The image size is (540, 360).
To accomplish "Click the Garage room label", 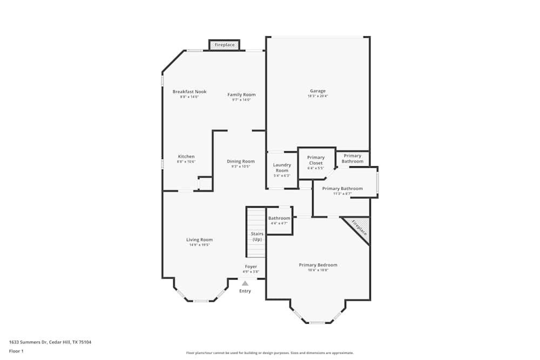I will [318, 91].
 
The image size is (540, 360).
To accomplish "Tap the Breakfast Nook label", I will [190, 92].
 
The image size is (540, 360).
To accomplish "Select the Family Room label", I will [241, 94].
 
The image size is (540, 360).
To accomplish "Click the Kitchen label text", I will [186, 157].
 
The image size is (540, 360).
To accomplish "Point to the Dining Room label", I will [240, 161].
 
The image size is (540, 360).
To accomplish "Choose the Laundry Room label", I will [282, 168].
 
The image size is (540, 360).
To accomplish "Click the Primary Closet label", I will [316, 160].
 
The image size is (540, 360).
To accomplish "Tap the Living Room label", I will [199, 240].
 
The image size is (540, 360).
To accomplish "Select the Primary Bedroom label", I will [318, 265].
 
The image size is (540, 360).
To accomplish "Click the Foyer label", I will [251, 267].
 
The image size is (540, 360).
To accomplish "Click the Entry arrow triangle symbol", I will [245, 283].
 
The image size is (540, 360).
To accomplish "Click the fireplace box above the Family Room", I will [225, 45].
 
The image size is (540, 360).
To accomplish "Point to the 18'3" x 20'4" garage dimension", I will [318, 96].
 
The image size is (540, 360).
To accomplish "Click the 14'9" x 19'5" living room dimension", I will [199, 245].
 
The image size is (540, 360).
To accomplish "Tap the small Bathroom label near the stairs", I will [279, 218].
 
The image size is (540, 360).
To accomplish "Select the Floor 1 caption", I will [17, 351].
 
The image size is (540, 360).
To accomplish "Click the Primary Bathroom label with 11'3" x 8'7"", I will [342, 189].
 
